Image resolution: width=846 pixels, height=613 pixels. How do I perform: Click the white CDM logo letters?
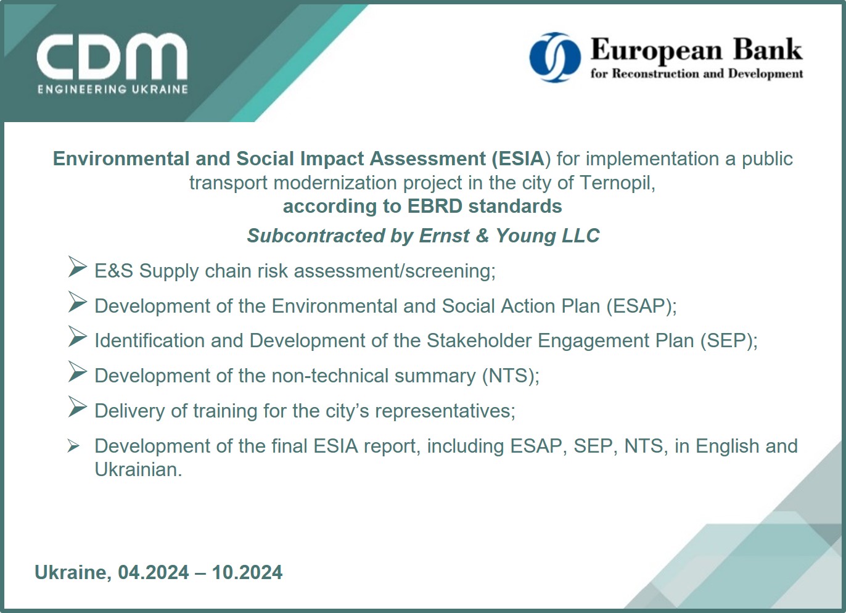(x=112, y=57)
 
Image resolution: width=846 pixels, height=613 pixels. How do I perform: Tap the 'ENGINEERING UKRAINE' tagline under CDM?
(x=113, y=89)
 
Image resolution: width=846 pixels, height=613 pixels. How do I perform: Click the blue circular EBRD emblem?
(x=555, y=57)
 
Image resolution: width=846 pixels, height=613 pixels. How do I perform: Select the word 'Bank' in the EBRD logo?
(x=768, y=49)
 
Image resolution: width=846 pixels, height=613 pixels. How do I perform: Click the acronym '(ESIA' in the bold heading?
(x=518, y=158)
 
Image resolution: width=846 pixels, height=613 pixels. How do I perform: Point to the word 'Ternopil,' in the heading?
(x=617, y=183)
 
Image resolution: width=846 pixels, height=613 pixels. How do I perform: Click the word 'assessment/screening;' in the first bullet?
(x=395, y=271)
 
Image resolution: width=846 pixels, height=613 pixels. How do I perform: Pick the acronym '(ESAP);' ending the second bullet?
(x=641, y=306)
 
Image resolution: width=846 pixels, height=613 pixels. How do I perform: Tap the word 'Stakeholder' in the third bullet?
(x=479, y=340)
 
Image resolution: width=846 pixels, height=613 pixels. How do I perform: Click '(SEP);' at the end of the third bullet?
(x=729, y=341)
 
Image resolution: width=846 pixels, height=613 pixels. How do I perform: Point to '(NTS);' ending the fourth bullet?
(x=511, y=376)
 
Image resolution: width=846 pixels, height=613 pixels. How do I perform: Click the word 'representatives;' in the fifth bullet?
(x=445, y=411)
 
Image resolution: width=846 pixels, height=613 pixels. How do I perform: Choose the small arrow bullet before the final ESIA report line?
(x=73, y=446)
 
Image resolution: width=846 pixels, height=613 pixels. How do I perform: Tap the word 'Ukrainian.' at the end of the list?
(x=139, y=470)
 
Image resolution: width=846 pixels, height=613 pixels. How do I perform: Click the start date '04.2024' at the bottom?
(x=154, y=572)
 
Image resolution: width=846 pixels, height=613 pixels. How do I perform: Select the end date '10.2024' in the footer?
(x=247, y=572)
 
